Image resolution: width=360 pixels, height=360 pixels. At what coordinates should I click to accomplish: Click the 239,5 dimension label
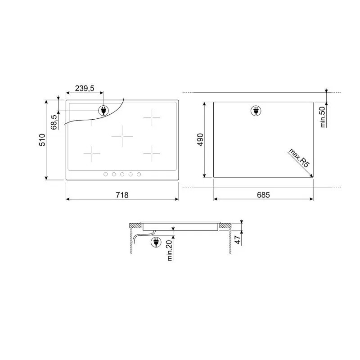click(85, 88)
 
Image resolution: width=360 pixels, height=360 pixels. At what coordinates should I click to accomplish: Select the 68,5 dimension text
click(54, 122)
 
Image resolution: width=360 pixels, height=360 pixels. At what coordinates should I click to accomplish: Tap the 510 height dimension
click(42, 140)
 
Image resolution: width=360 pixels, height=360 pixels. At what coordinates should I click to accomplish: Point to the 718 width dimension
click(122, 195)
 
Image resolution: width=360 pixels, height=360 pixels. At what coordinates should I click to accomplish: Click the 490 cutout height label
click(200, 139)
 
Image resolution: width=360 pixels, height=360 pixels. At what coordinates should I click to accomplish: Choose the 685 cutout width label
click(263, 195)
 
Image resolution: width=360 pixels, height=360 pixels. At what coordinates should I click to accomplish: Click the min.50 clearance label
click(322, 117)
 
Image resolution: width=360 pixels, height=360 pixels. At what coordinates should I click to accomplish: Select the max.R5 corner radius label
click(299, 158)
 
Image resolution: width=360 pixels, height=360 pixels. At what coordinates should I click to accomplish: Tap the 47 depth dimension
click(238, 240)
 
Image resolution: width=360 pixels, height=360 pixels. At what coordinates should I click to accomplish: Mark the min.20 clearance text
click(169, 251)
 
